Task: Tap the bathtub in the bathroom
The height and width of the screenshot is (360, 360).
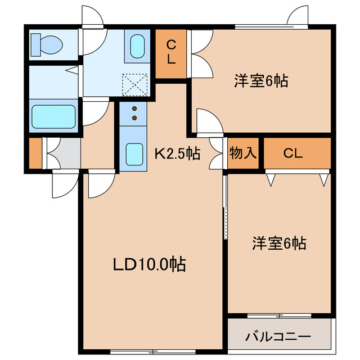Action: click(x=53, y=116)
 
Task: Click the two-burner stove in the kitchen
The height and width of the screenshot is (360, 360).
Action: click(x=135, y=113)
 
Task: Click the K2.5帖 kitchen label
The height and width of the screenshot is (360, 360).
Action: click(x=177, y=152)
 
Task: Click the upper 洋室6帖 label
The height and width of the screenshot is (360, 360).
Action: click(x=261, y=81)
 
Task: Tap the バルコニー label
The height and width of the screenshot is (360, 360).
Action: click(x=277, y=337)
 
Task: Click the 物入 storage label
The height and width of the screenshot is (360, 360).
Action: click(x=242, y=153)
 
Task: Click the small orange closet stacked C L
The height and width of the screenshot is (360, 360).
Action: click(x=171, y=51)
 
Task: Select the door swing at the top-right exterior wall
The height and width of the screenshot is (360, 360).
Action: click(x=298, y=17)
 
